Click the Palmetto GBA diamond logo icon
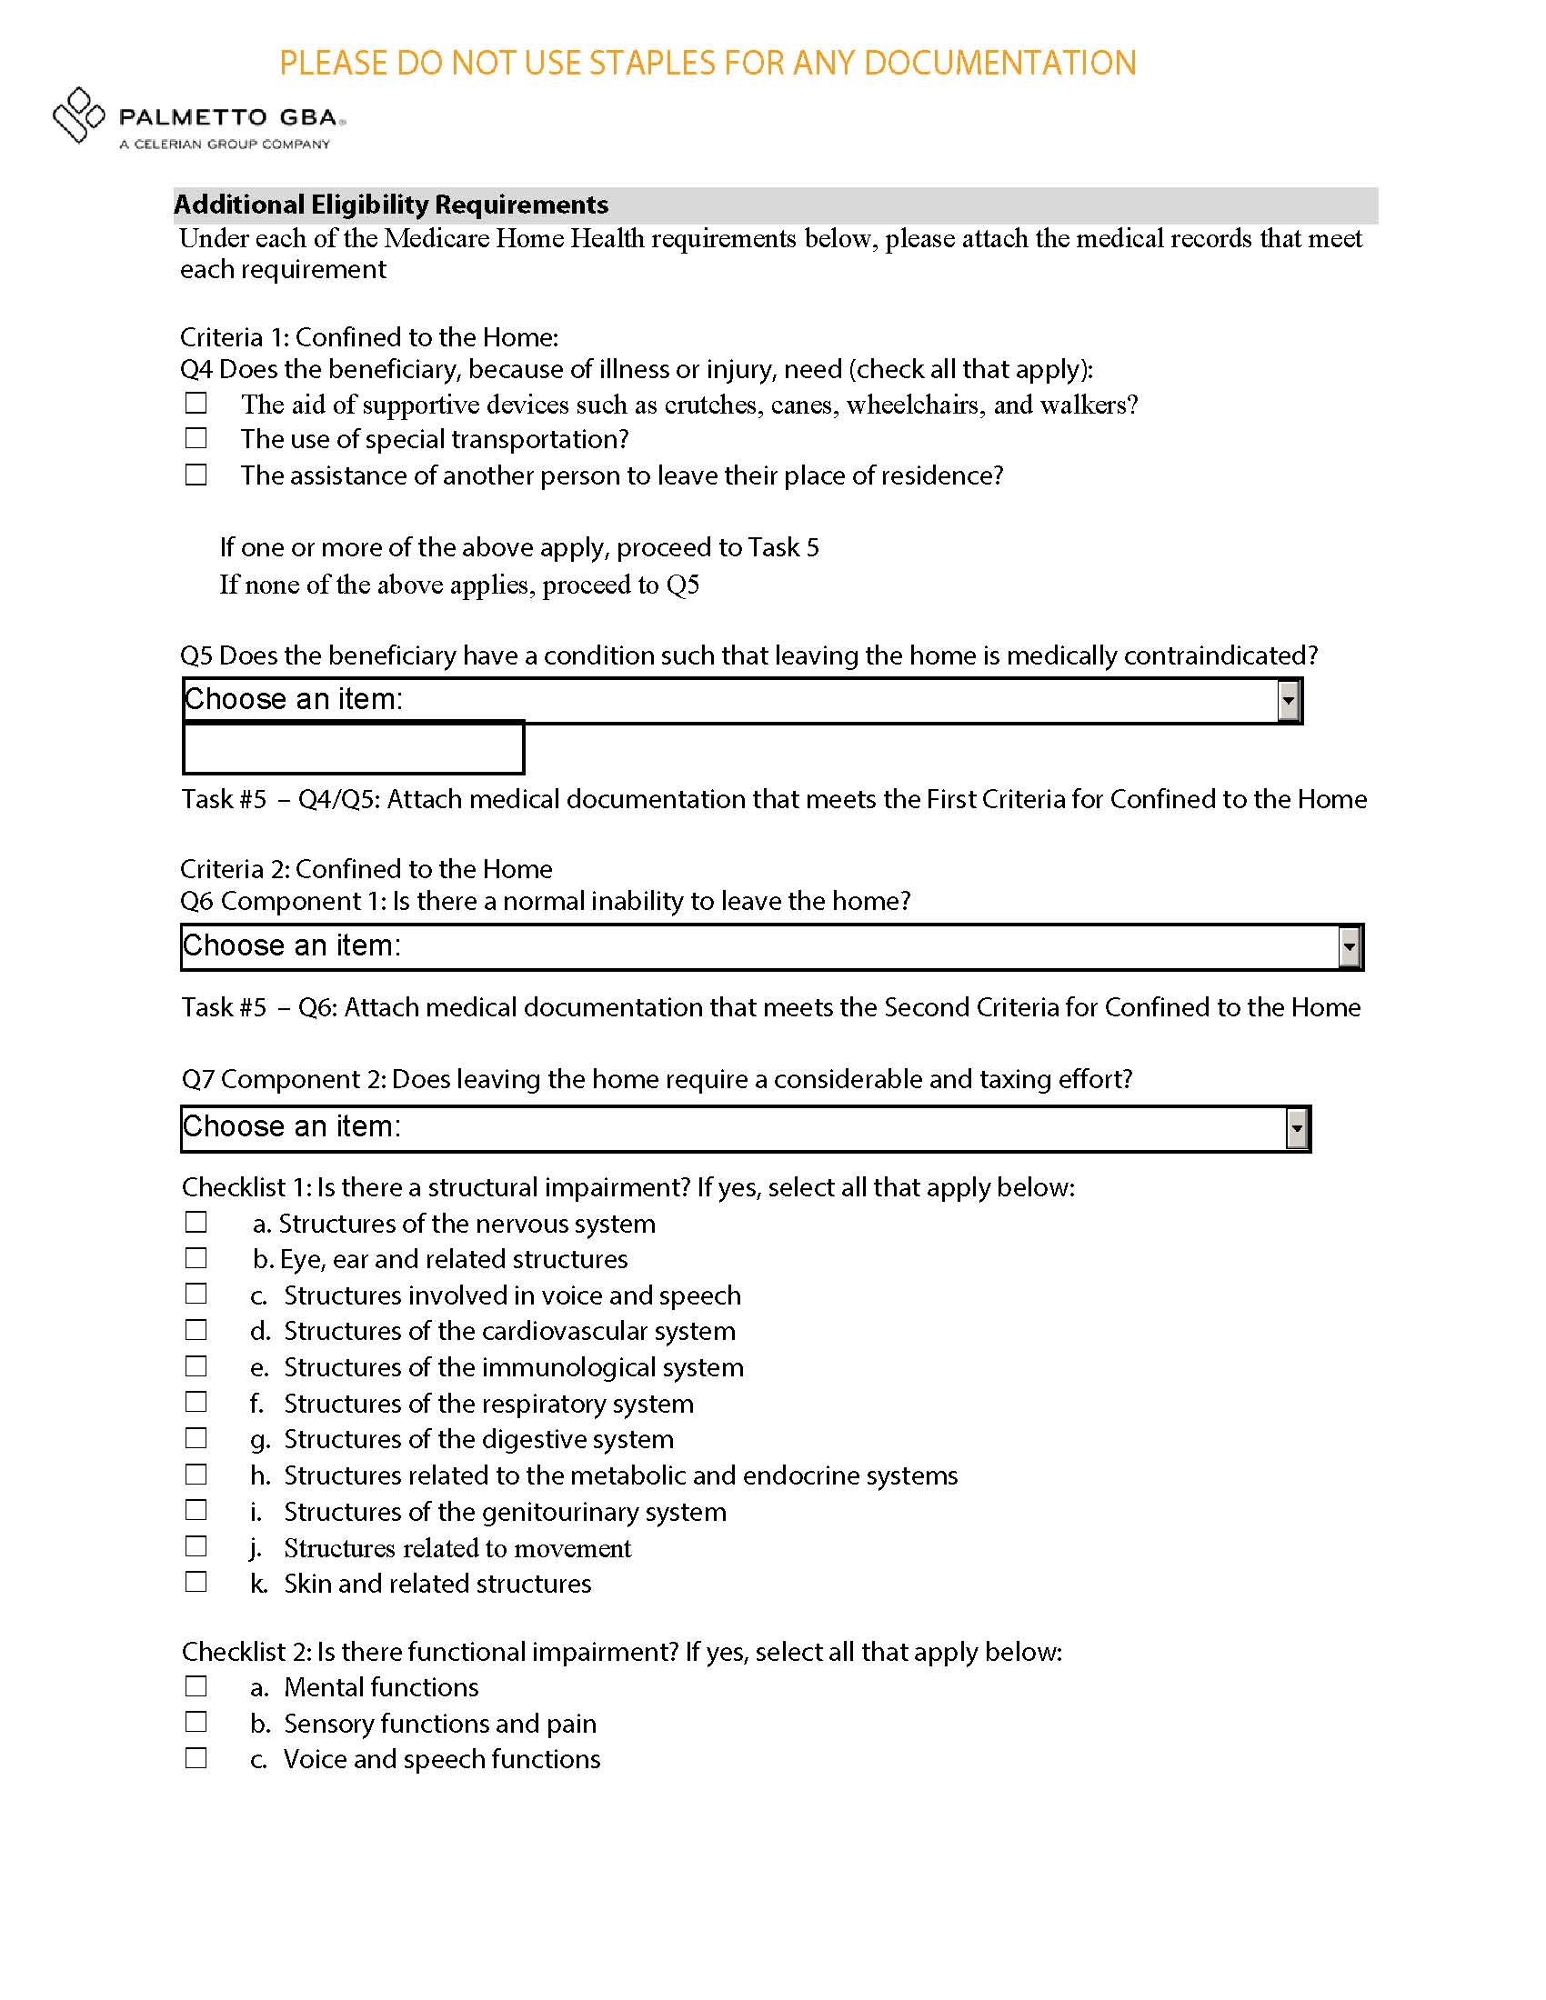78,115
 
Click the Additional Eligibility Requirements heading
391,205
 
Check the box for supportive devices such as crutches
196,403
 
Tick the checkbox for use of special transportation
196,439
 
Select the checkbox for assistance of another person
196,475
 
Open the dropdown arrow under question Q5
1289,701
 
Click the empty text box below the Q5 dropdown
354,748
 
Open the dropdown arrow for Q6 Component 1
1349,947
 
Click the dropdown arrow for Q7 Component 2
1297,1128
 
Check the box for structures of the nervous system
196,1223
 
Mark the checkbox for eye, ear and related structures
196,1258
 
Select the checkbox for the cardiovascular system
196,1330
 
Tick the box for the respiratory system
196,1402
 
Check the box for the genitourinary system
196,1510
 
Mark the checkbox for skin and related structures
196,1583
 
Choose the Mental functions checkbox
196,1685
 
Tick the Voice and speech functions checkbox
196,1758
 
